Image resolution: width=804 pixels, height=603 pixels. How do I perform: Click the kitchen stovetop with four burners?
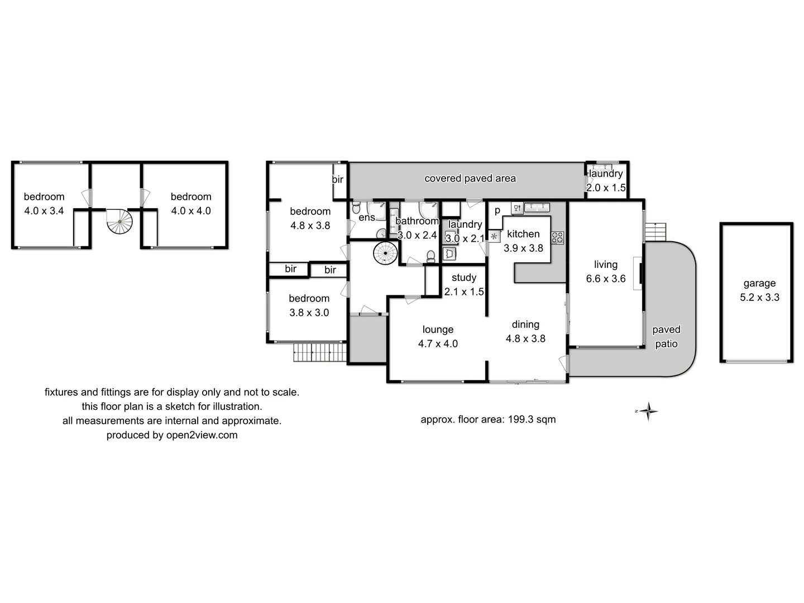pyautogui.click(x=557, y=237)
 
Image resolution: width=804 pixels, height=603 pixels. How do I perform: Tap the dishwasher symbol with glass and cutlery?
pyautogui.click(x=517, y=208)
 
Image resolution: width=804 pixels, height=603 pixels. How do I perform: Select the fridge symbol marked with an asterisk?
pyautogui.click(x=494, y=236)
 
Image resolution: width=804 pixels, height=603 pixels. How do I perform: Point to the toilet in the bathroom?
pyautogui.click(x=430, y=256)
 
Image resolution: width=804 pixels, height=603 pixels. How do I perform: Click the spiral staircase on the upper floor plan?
pyautogui.click(x=119, y=222)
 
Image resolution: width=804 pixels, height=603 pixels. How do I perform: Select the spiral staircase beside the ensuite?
pyautogui.click(x=385, y=253)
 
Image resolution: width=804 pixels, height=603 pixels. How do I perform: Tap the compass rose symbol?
pyautogui.click(x=648, y=411)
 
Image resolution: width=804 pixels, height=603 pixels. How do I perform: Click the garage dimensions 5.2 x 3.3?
pyautogui.click(x=759, y=298)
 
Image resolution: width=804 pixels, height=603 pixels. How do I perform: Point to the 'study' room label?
pyautogui.click(x=464, y=277)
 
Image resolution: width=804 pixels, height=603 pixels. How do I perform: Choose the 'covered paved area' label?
pyautogui.click(x=470, y=179)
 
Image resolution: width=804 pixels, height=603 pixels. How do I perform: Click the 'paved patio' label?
pyautogui.click(x=666, y=337)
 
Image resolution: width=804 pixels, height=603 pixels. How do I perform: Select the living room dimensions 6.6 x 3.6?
pyautogui.click(x=606, y=279)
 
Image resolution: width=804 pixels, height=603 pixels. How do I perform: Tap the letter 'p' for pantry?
pyautogui.click(x=497, y=210)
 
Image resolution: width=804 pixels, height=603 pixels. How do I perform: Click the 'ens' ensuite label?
pyautogui.click(x=366, y=218)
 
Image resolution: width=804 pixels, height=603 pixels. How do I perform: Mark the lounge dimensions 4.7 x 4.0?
pyautogui.click(x=438, y=344)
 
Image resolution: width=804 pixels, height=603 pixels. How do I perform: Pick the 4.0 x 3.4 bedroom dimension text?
pyautogui.click(x=44, y=211)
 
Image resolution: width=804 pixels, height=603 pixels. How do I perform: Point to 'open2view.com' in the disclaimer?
pyautogui.click(x=202, y=435)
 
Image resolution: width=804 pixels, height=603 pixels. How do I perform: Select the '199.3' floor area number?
pyautogui.click(x=520, y=419)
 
